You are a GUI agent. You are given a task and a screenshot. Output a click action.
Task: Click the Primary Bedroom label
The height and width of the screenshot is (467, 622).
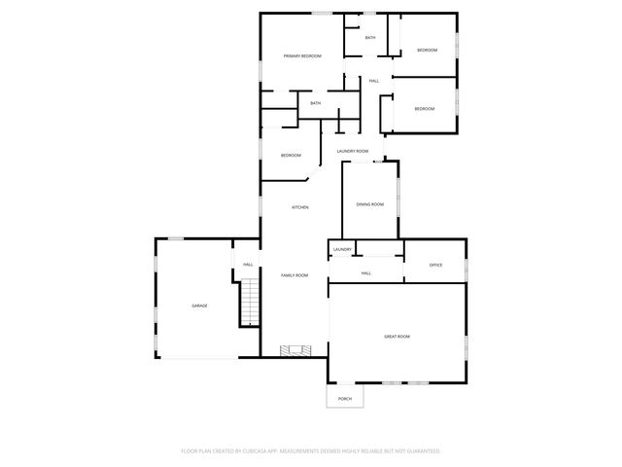point(302,56)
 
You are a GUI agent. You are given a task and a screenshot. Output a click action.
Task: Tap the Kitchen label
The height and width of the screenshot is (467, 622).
point(301,207)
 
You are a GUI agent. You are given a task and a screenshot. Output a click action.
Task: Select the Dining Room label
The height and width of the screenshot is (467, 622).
point(370,204)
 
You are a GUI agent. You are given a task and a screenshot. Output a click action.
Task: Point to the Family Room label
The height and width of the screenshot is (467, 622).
point(294,275)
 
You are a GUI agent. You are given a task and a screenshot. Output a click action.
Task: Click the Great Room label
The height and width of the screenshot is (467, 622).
point(397,336)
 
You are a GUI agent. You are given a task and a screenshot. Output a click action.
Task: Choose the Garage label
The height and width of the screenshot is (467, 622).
point(199,305)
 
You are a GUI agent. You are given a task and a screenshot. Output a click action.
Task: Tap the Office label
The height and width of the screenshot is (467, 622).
point(436,265)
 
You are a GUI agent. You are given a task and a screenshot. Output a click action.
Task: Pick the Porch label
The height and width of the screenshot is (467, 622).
point(345,399)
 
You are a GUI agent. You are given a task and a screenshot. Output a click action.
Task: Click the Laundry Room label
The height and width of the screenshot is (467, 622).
point(353,151)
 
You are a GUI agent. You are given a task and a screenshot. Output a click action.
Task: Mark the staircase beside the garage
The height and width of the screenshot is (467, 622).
point(250,302)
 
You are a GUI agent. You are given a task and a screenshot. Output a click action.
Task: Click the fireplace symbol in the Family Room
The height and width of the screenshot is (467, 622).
point(293,350)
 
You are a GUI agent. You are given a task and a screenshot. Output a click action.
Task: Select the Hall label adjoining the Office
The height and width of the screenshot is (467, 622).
point(366,273)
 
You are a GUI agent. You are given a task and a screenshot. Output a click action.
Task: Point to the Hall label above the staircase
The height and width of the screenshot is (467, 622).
point(248,264)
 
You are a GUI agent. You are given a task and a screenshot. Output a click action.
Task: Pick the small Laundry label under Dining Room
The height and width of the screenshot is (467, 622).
point(342,250)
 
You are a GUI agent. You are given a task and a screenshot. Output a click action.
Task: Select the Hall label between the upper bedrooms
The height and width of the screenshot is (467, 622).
point(374,81)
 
